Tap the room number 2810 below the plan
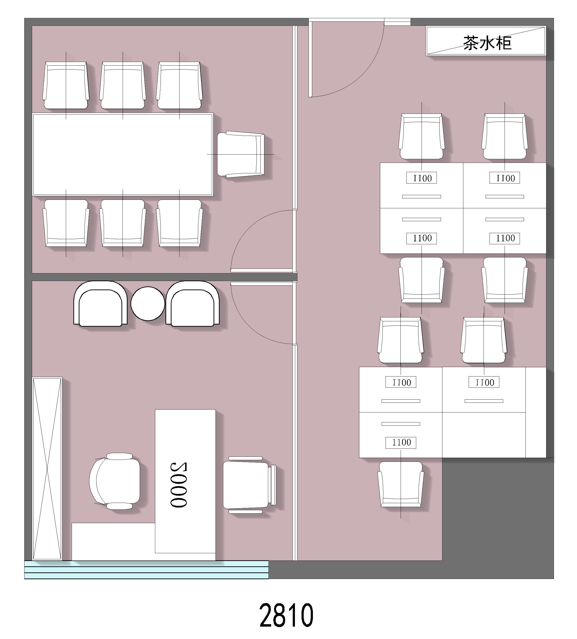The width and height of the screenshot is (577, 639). point(286,615)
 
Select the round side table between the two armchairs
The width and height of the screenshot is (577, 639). point(148,303)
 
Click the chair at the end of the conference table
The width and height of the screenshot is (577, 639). point(241,154)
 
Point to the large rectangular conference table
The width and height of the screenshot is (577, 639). point(123,154)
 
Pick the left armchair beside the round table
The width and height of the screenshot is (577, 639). point(100,304)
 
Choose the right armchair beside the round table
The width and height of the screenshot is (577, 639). point(192,304)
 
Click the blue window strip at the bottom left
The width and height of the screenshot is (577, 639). point(146,569)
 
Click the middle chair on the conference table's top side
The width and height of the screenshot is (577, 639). point(123,86)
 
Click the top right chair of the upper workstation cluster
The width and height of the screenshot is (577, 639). point(504,136)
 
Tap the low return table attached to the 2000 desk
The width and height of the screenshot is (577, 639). point(113,541)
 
